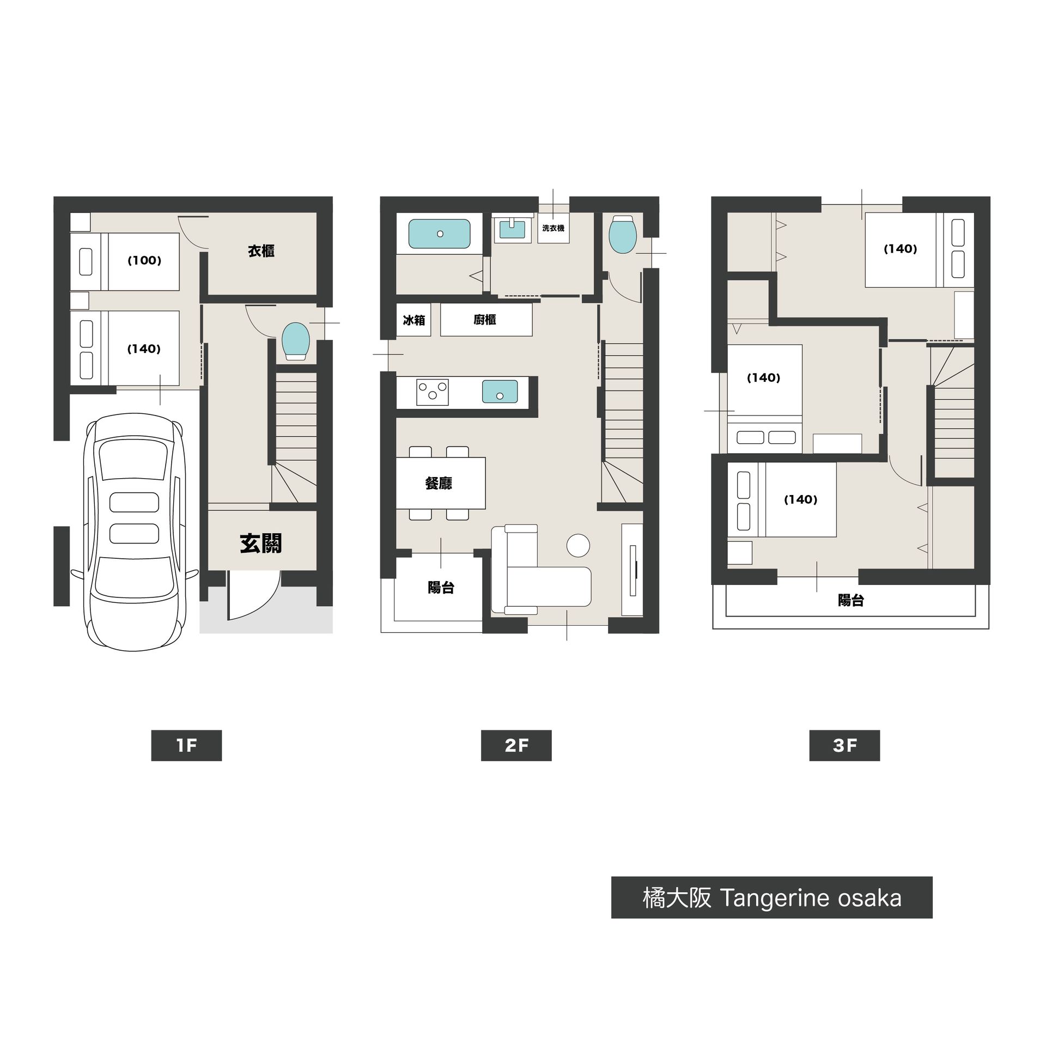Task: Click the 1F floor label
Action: pos(186,746)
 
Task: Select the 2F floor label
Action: pos(516,746)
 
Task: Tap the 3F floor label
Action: pos(844,746)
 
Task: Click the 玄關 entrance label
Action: pos(261,544)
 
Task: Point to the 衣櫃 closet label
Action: pos(261,251)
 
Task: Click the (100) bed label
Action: pos(144,260)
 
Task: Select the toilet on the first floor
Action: pos(296,341)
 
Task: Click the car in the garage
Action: pos(135,532)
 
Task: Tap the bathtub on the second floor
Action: pos(439,234)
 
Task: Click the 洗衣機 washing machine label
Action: pos(553,228)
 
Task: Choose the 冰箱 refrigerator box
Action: pos(413,320)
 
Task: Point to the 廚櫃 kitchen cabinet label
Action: pos(485,320)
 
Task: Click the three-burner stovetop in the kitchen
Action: pos(433,392)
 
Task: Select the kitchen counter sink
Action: pos(500,392)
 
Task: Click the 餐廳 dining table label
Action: pos(439,483)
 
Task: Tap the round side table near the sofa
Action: pos(578,545)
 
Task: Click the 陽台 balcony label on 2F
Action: pos(441,588)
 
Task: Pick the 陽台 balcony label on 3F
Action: pos(850,601)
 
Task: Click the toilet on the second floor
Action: pos(622,235)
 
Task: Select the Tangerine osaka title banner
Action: pos(771,898)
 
